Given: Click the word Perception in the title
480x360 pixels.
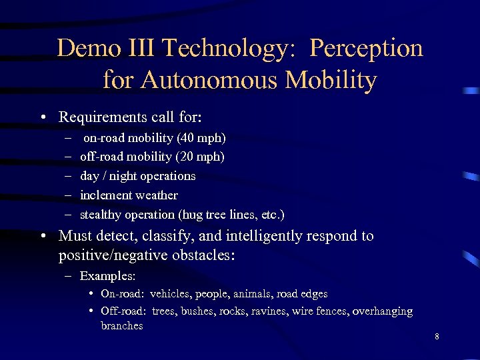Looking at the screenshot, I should pos(366,49).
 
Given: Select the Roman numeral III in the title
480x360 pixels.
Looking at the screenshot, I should pos(139,49).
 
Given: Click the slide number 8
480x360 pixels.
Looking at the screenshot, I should pos(437,337).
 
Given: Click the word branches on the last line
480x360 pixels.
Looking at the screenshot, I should pos(121,326).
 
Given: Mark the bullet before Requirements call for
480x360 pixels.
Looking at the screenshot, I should pos(43,118).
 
